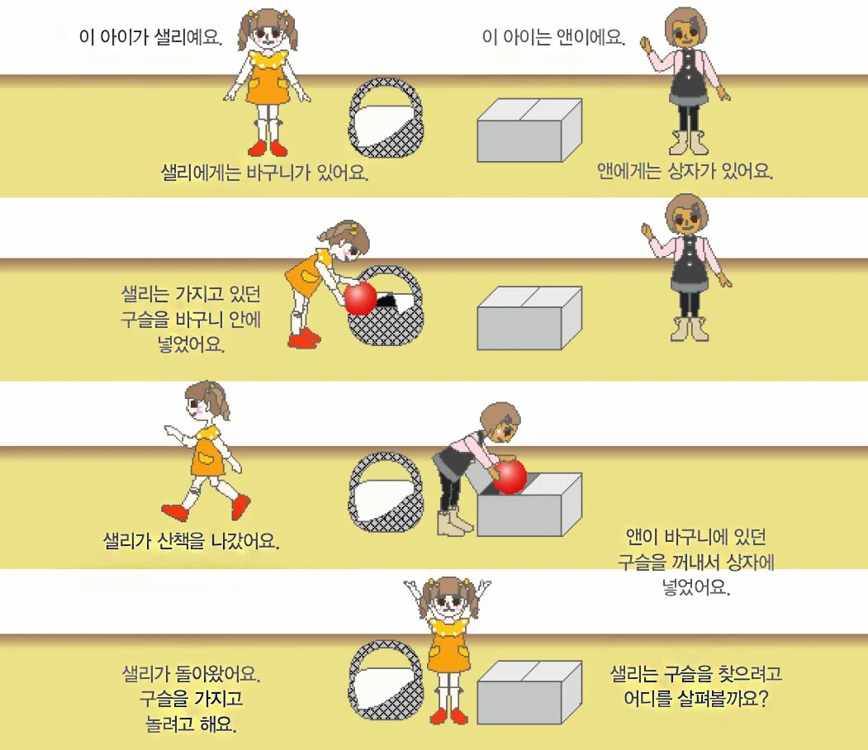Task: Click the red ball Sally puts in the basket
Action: (x=360, y=298)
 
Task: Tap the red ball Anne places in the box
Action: (x=510, y=476)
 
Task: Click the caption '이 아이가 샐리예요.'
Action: (x=150, y=37)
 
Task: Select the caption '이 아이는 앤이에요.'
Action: (x=553, y=37)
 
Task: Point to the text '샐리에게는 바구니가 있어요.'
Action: (x=264, y=173)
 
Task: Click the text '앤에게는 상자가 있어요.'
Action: (x=685, y=171)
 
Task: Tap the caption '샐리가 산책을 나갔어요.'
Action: (x=191, y=540)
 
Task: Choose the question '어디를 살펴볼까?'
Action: (x=696, y=699)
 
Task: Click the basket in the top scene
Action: (x=387, y=117)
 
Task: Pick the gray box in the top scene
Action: (x=529, y=130)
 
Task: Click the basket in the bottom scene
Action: (x=387, y=680)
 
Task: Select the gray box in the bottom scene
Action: (x=529, y=692)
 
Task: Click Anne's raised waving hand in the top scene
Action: (x=646, y=44)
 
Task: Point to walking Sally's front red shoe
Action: (x=174, y=513)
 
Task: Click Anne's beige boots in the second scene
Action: (x=689, y=329)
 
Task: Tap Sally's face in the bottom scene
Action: (x=449, y=601)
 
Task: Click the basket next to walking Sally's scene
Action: (x=387, y=492)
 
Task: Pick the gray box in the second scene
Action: (x=529, y=318)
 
